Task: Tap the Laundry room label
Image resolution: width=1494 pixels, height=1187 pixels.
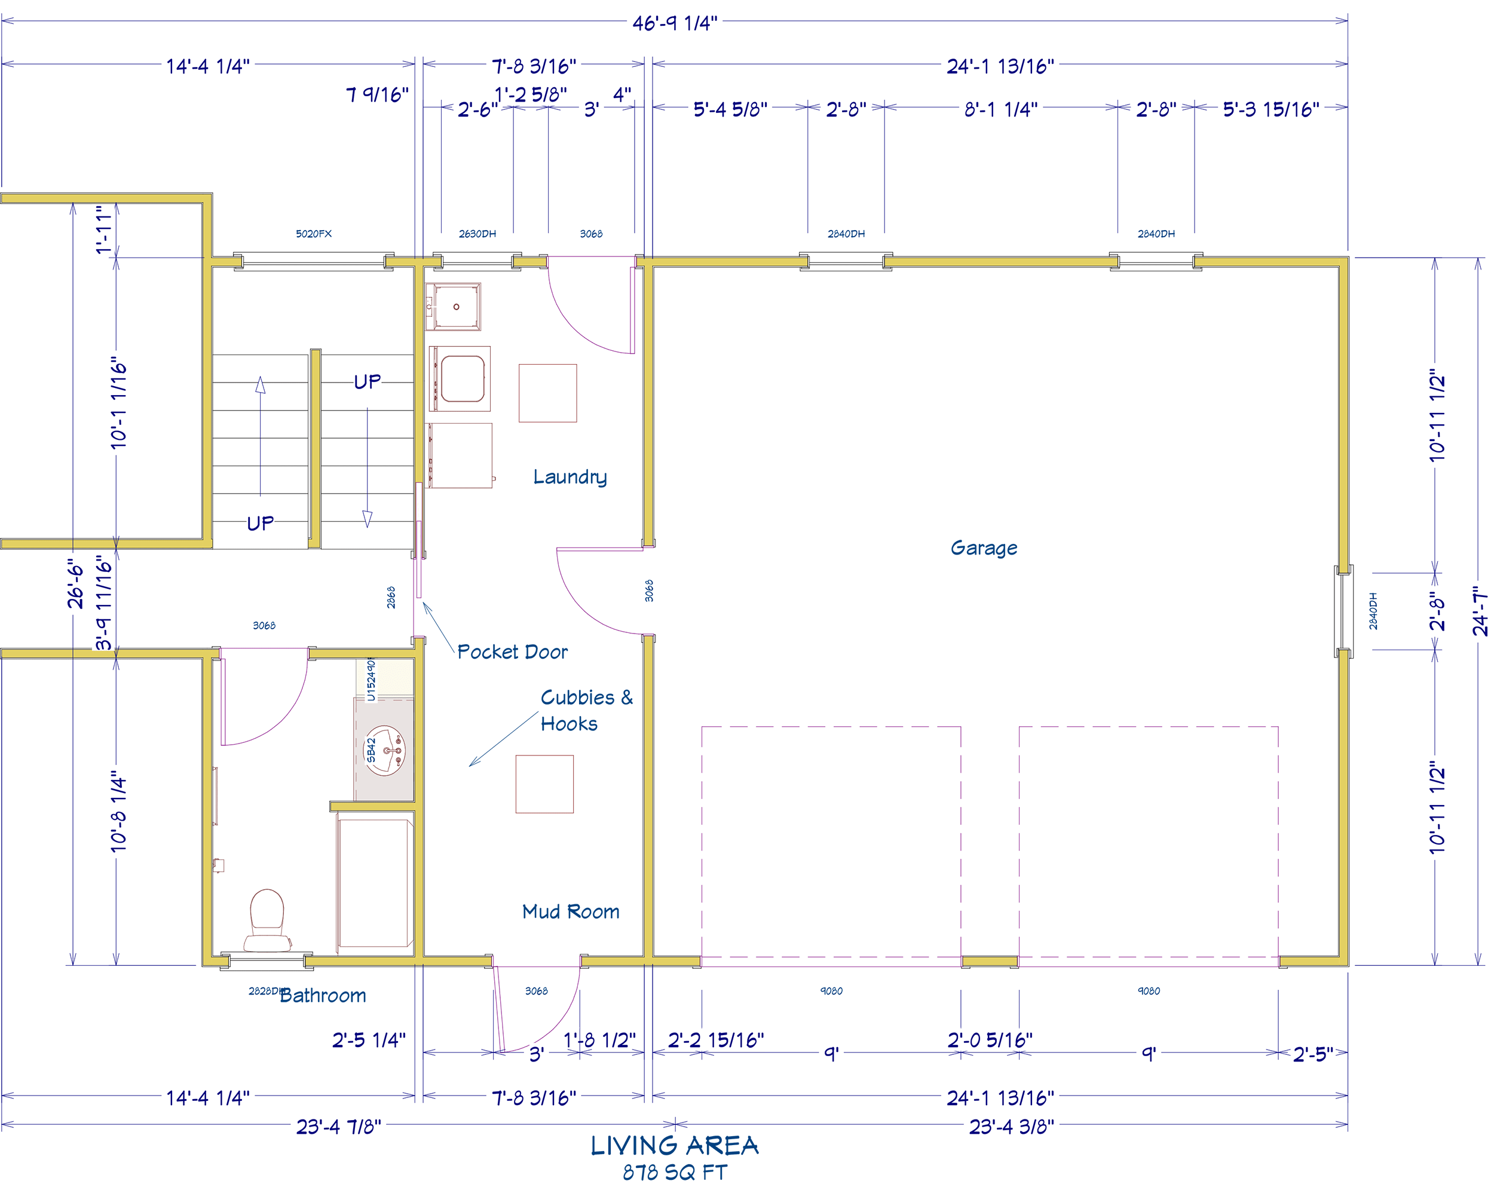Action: pyautogui.click(x=570, y=477)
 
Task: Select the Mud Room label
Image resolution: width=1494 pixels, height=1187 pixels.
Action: pyautogui.click(x=570, y=911)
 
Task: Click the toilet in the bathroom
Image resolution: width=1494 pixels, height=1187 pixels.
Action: pyautogui.click(x=267, y=920)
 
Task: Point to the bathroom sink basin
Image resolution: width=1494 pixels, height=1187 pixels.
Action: pyautogui.click(x=385, y=751)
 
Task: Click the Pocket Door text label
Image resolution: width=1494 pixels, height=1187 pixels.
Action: pyautogui.click(x=512, y=651)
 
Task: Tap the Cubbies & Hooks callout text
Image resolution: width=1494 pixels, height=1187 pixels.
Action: pyautogui.click(x=586, y=710)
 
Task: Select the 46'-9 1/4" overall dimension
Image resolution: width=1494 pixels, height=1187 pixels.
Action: pyautogui.click(x=674, y=23)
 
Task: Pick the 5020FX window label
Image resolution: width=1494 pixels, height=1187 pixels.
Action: pyautogui.click(x=313, y=234)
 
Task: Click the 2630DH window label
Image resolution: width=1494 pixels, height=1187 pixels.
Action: pyautogui.click(x=477, y=234)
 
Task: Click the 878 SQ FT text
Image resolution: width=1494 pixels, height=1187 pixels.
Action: pyautogui.click(x=674, y=1173)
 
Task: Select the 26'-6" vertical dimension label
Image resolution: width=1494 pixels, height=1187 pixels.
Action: pyautogui.click(x=75, y=583)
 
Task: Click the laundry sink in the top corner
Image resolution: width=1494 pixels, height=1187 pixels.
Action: pyautogui.click(x=455, y=306)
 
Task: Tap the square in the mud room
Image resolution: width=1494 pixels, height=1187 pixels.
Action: pyautogui.click(x=544, y=784)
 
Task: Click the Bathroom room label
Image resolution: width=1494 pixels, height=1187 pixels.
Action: pyautogui.click(x=322, y=995)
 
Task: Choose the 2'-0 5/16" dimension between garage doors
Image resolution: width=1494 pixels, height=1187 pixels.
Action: pyautogui.click(x=990, y=1040)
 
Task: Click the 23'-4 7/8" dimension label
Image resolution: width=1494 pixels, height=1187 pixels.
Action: pyautogui.click(x=338, y=1127)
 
